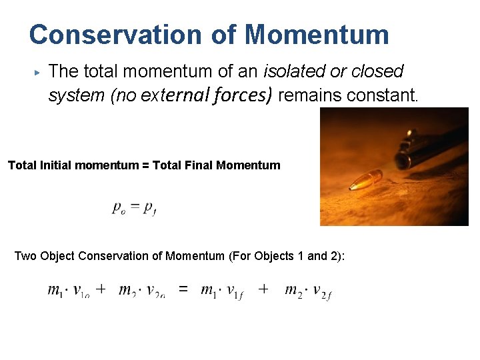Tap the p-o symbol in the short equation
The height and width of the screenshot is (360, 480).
click(118, 209)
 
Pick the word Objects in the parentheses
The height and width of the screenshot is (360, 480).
click(275, 256)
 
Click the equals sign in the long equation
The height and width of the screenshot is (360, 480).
click(183, 289)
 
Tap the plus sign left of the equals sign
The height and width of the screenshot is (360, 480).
click(100, 289)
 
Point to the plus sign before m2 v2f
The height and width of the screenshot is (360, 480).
click(263, 289)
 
